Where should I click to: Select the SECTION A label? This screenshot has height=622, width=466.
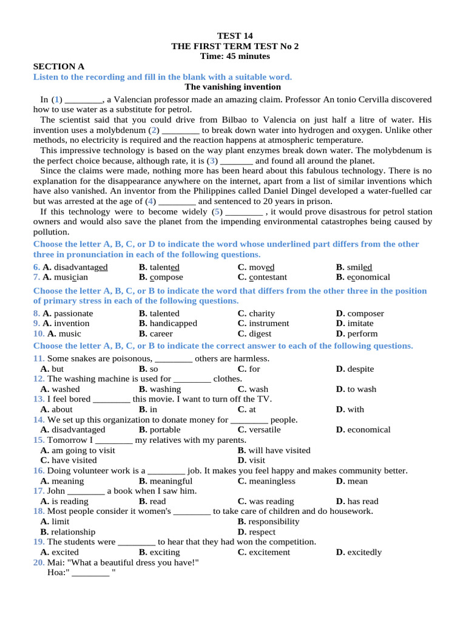coord(59,67)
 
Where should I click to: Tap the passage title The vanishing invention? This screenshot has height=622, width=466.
coord(233,87)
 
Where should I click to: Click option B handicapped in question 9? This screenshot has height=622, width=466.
coord(167,324)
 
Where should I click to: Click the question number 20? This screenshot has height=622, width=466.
coord(38,562)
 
